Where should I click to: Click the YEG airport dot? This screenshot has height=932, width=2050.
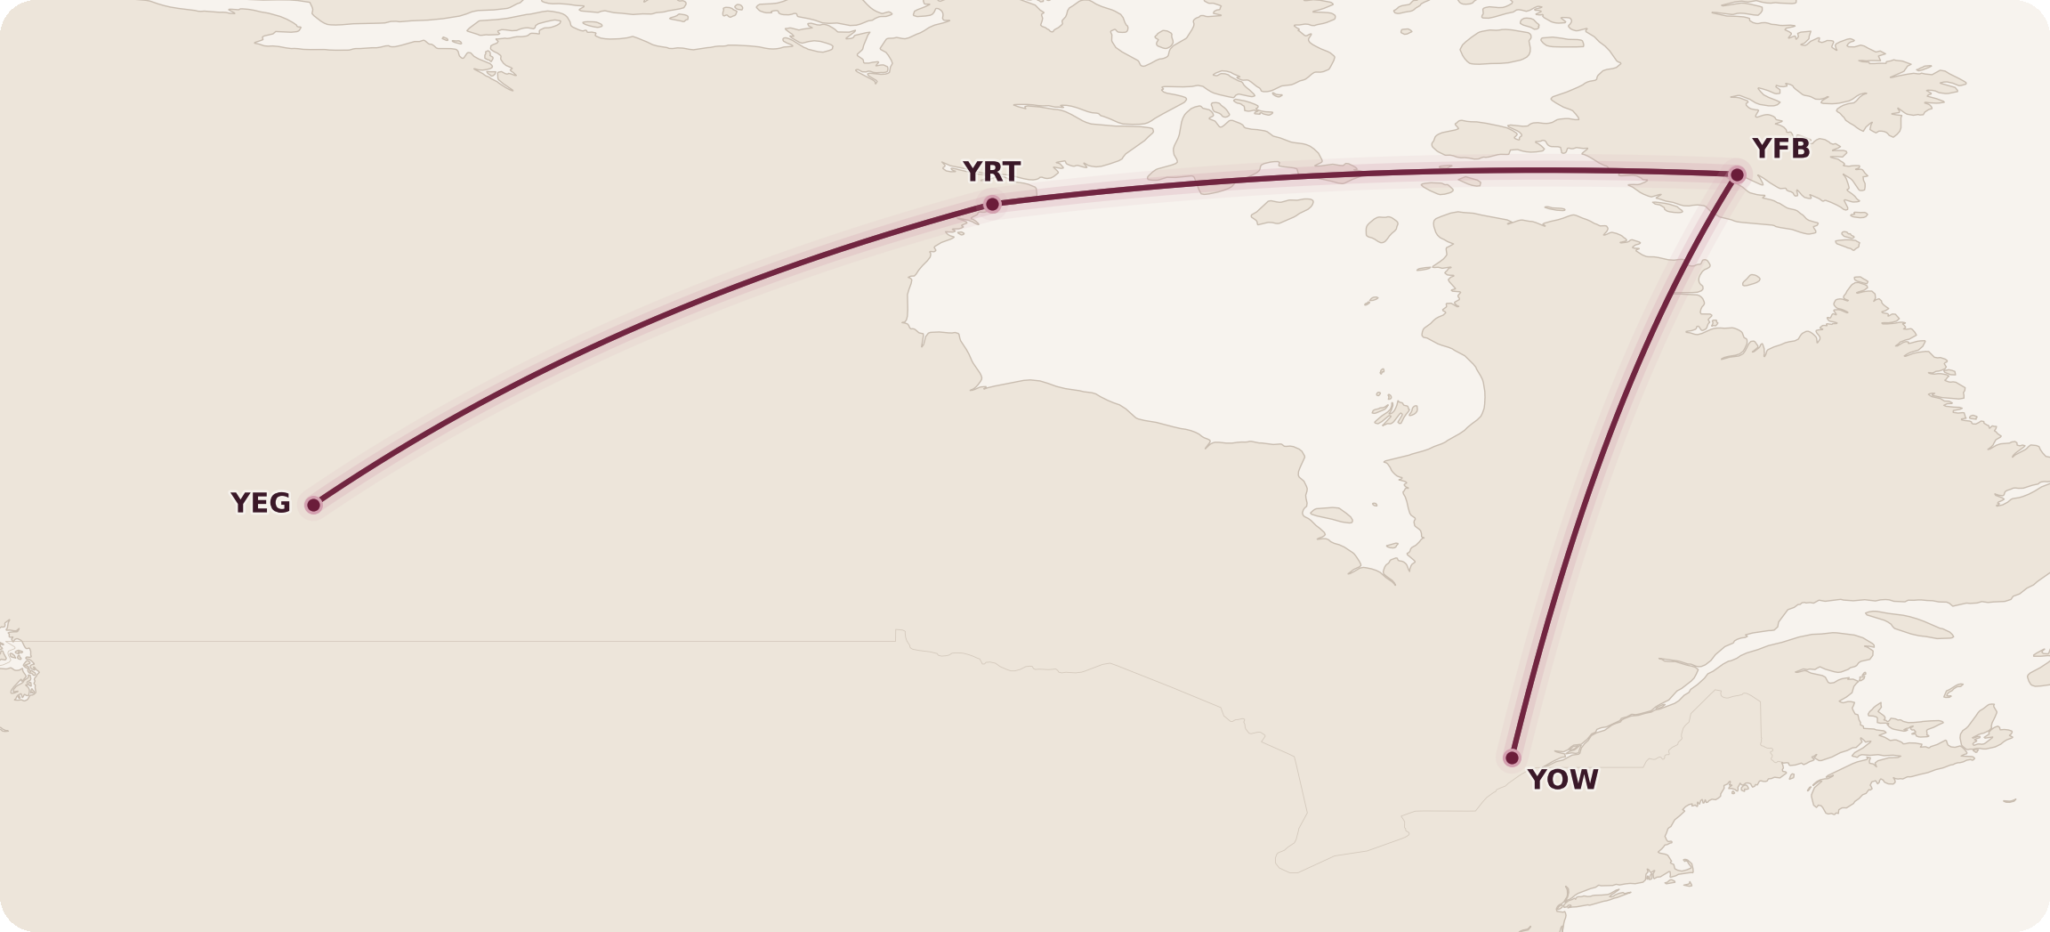tap(313, 506)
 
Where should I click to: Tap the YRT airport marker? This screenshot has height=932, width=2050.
tap(992, 205)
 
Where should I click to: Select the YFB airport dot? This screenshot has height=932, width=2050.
tap(1737, 175)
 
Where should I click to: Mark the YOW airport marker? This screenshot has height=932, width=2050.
tap(1512, 758)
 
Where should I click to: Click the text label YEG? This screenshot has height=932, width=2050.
tap(261, 503)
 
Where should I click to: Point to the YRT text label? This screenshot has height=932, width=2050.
tap(991, 171)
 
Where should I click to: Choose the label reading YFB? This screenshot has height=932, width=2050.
tap(1780, 149)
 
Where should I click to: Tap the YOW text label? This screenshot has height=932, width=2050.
tap(1562, 780)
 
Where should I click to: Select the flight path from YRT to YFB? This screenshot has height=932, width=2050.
tap(1361, 174)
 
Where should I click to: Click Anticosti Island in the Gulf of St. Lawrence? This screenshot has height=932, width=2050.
tap(1909, 624)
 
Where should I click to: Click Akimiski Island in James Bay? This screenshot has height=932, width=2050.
tap(1331, 515)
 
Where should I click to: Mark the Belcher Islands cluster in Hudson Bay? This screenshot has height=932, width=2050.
tap(1394, 411)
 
